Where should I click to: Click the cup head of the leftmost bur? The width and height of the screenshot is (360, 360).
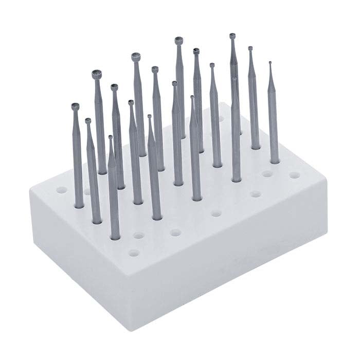76,107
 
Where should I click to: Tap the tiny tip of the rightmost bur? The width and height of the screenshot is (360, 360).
270,63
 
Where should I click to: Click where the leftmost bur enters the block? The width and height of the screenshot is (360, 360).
79,206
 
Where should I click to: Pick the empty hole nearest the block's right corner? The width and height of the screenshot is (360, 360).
294,175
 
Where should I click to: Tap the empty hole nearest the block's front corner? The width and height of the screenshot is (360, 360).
134,253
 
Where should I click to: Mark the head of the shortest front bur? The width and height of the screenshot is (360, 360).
111,137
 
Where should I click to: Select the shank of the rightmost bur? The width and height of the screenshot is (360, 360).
273,118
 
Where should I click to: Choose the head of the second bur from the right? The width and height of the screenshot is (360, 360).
250,49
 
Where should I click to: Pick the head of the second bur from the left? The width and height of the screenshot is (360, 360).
88,121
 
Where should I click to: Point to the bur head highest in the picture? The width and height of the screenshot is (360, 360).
232,36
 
